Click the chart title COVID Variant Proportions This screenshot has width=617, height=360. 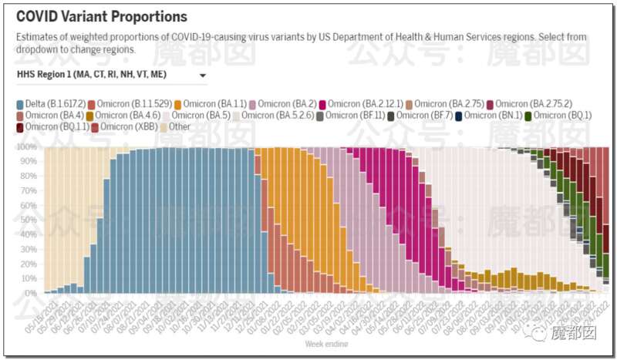pos(101,16)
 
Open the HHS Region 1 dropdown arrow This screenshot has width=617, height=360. pos(203,76)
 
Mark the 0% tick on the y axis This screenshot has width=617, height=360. pos(30,294)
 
